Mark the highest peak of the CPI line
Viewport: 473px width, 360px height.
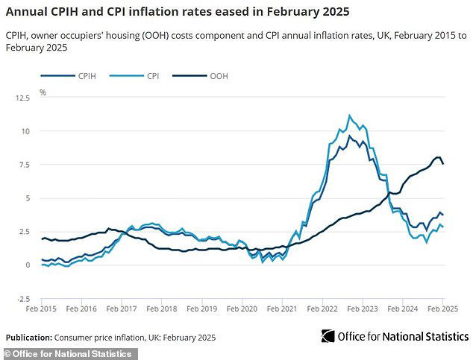point(349,116)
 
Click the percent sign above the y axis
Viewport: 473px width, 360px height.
point(43,92)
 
